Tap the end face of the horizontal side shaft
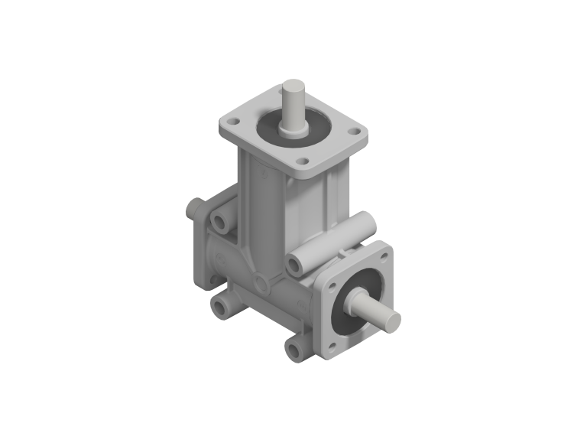tap(391, 321)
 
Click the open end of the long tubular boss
tap(294, 265)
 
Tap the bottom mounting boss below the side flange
tap(295, 350)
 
